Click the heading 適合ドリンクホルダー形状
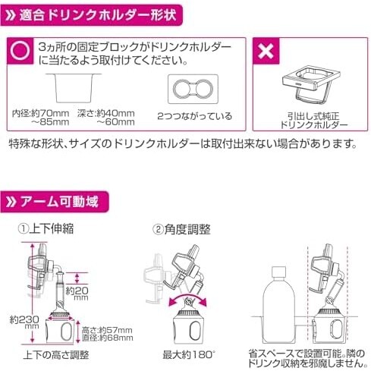point(97,15)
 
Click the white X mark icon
point(266,52)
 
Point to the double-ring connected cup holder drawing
point(193,89)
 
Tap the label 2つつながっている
point(194,116)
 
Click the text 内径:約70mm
point(41,114)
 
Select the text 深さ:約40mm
point(106,114)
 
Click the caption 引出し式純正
point(313,116)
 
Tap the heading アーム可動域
point(59,202)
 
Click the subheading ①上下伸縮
point(46,228)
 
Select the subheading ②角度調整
point(181,229)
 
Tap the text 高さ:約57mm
point(107,330)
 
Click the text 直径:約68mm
point(108,338)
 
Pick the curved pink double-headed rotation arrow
point(188,297)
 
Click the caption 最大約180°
point(188,355)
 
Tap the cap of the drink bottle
point(278,272)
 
